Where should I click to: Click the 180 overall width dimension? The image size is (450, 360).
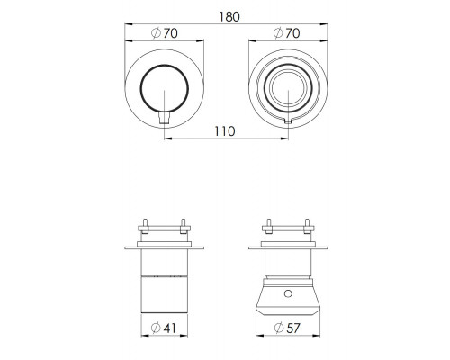[229, 17]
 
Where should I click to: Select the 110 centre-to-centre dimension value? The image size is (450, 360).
[225, 131]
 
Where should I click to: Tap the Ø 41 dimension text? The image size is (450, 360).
[164, 328]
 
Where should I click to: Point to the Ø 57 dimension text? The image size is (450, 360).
[287, 328]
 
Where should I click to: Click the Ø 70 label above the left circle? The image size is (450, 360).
[164, 33]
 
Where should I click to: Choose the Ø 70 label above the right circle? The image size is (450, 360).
[287, 33]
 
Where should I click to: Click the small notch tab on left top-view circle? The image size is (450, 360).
[165, 117]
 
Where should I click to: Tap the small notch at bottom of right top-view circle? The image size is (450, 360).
[288, 121]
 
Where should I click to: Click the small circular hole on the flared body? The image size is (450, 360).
[288, 293]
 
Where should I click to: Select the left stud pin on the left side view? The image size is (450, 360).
[145, 226]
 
